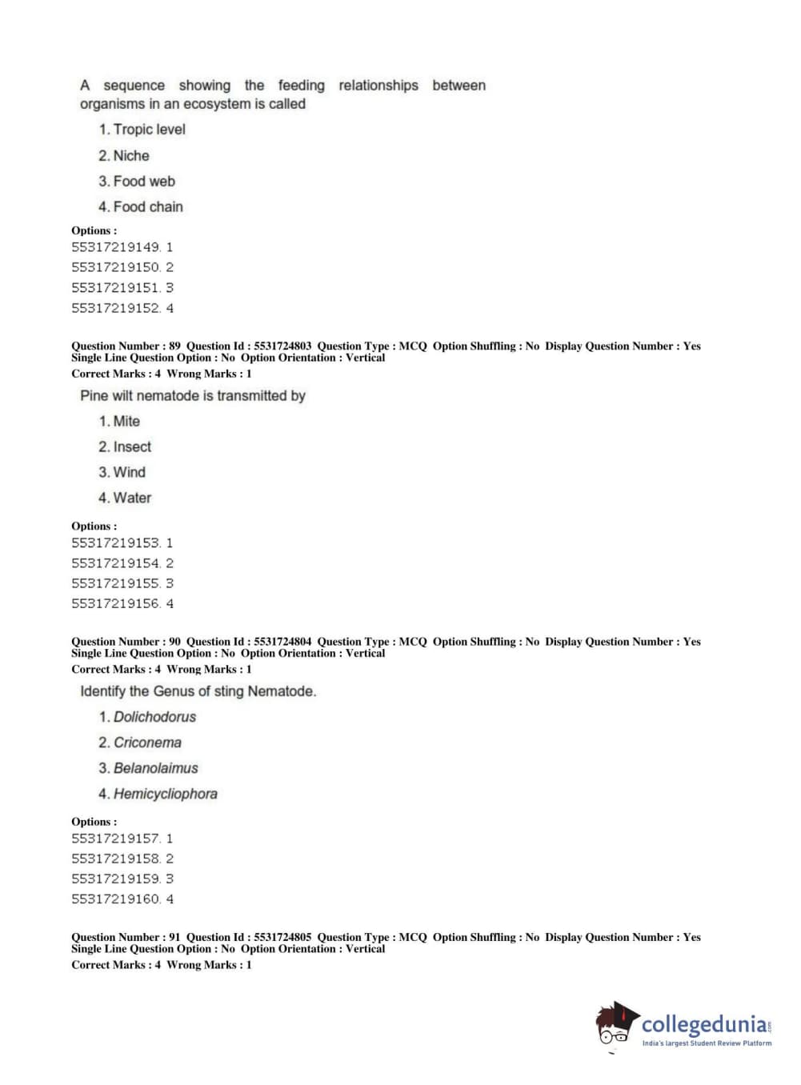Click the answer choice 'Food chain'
148,207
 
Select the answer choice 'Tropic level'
149,130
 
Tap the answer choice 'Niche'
131,156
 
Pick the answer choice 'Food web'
144,182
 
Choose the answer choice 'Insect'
132,447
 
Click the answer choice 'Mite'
126,422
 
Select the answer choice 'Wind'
130,473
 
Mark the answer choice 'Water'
132,498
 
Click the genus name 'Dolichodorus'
154,718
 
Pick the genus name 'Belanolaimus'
156,769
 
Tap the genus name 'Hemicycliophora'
166,795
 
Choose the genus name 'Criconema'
147,743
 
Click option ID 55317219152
116,308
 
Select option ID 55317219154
116,563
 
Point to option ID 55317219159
116,879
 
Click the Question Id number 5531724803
282,346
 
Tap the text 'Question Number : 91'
126,937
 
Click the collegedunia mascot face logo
615,1026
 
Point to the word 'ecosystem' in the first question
217,104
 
